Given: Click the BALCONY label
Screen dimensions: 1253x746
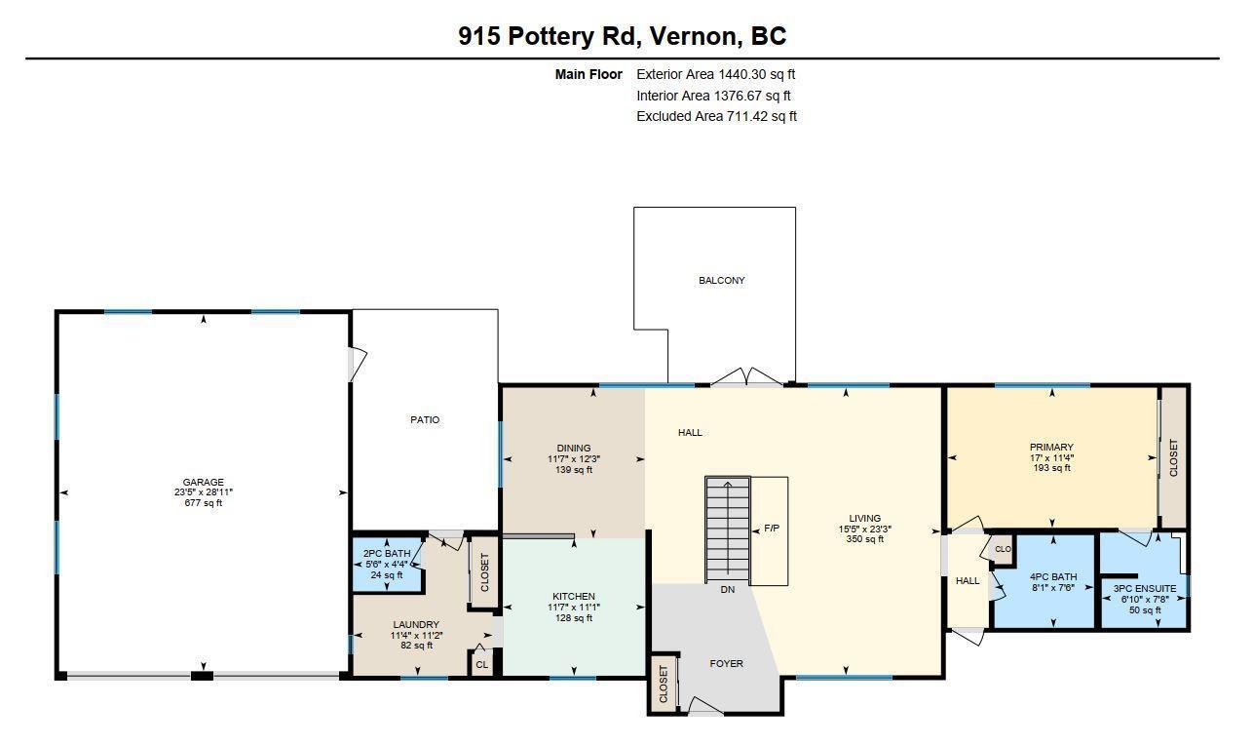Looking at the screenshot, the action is tap(722, 281).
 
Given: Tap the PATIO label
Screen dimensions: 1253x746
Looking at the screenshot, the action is tap(425, 419).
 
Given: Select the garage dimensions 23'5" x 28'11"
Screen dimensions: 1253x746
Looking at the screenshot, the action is tap(203, 492).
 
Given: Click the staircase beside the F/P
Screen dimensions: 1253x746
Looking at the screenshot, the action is tap(727, 530).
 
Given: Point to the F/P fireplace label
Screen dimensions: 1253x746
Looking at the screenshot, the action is tap(772, 528).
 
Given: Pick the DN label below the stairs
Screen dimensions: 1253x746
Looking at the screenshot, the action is tap(727, 589).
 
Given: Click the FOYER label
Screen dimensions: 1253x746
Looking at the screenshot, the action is tap(726, 664).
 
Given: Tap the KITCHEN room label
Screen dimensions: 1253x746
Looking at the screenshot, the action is tap(573, 597).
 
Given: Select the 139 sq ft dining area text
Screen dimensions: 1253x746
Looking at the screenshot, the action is tap(573, 470).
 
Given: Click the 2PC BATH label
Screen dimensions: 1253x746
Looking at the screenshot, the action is tap(387, 554).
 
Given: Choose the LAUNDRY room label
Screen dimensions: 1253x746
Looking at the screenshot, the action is tap(416, 624).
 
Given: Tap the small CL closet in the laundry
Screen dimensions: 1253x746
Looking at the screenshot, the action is tap(481, 665).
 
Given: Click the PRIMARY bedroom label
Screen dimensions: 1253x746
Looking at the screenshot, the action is tap(1051, 448).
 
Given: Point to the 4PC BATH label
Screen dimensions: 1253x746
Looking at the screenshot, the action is tap(1053, 577).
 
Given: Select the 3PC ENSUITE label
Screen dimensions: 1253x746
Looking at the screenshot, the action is tap(1145, 589).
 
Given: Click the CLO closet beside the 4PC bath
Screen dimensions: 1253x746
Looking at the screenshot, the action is tap(1003, 549).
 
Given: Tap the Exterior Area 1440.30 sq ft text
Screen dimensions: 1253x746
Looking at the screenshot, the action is tap(715, 74).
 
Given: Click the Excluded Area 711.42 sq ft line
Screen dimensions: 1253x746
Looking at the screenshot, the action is tap(716, 116).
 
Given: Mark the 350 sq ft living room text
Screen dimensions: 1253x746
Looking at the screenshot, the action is tap(865, 539).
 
